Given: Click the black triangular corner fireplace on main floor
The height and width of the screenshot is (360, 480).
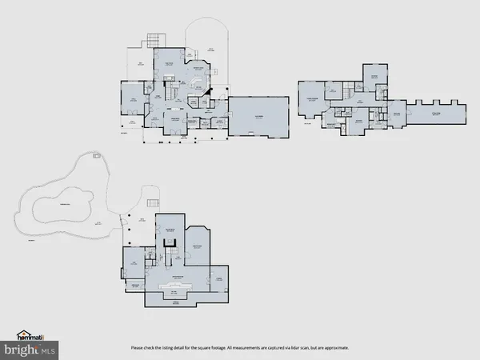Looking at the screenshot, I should pyautogui.click(x=206, y=93).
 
